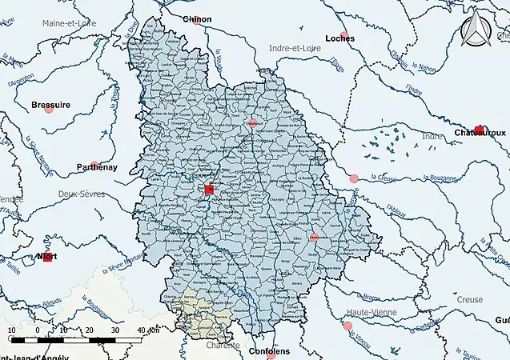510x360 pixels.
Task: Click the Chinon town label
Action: pyautogui.click(x=198, y=18)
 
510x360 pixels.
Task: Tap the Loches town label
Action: pyautogui.click(x=339, y=38)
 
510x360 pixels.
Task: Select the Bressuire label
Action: pyautogui.click(x=50, y=105)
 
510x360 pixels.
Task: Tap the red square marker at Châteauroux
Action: pyautogui.click(x=479, y=130)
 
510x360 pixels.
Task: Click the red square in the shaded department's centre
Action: pyautogui.click(x=209, y=190)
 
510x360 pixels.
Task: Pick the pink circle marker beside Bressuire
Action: pyautogui.click(x=50, y=110)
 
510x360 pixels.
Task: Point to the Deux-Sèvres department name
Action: pyautogui.click(x=82, y=194)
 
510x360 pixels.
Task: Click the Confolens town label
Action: pyautogui.click(x=270, y=351)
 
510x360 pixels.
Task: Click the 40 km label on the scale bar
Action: pyautogui.click(x=147, y=330)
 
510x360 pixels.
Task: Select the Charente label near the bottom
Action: pyautogui.click(x=225, y=346)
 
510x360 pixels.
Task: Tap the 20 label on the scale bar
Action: pyautogui.click(x=89, y=330)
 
